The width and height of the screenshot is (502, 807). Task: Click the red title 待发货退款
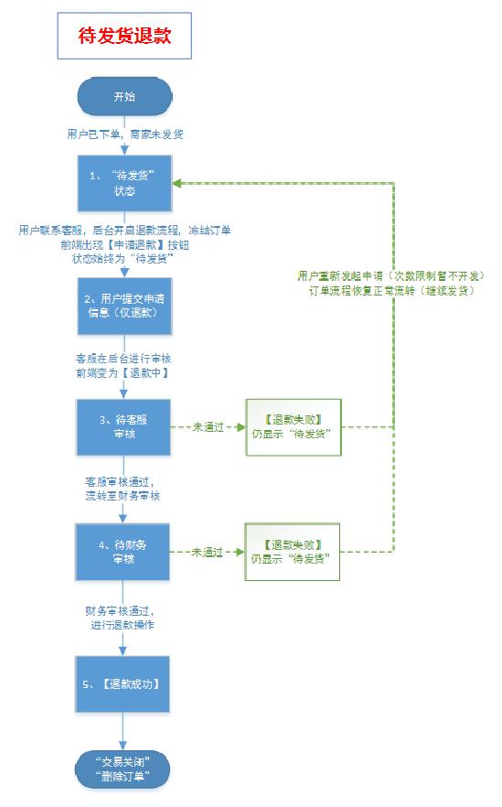[124, 36]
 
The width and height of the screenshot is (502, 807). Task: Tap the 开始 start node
[124, 96]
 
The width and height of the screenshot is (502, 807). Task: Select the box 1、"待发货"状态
[124, 183]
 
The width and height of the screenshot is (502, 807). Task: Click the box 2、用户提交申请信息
[124, 306]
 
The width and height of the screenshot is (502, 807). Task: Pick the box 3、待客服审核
[123, 427]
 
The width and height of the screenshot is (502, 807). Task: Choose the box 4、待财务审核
[123, 552]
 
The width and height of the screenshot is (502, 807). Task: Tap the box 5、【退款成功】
[123, 684]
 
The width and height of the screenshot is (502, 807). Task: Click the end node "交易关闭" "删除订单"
[123, 769]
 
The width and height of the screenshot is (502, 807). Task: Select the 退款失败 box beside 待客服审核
[294, 427]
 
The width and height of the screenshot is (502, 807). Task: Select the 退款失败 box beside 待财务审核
[293, 552]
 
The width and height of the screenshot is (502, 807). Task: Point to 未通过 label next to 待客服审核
[208, 427]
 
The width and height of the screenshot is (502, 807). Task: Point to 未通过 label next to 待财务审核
[207, 553]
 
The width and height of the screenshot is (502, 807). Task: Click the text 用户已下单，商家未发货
[125, 134]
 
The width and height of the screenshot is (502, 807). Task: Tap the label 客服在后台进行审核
[123, 359]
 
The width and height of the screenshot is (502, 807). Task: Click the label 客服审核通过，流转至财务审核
[123, 489]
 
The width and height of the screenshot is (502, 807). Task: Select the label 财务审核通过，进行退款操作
[123, 619]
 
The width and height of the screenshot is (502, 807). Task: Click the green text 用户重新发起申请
[340, 276]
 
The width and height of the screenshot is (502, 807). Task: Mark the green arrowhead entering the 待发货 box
[176, 183]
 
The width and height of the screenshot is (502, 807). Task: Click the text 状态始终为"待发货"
[123, 259]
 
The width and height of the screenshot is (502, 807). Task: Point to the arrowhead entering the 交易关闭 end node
[123, 745]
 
